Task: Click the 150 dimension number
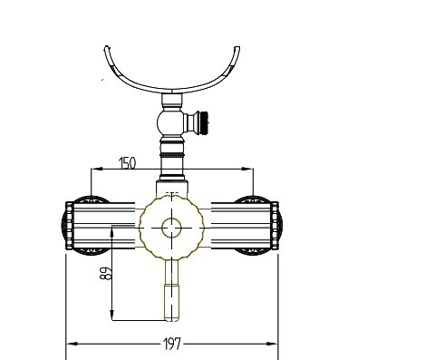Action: coord(128,163)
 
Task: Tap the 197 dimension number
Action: coord(172,344)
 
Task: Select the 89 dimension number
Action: coord(106,273)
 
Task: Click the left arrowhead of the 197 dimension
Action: coord(72,344)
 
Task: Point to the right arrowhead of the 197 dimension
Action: coord(272,344)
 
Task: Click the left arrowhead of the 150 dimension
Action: coord(97,170)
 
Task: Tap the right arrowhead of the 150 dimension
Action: coord(247,170)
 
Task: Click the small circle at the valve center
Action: coord(171,228)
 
